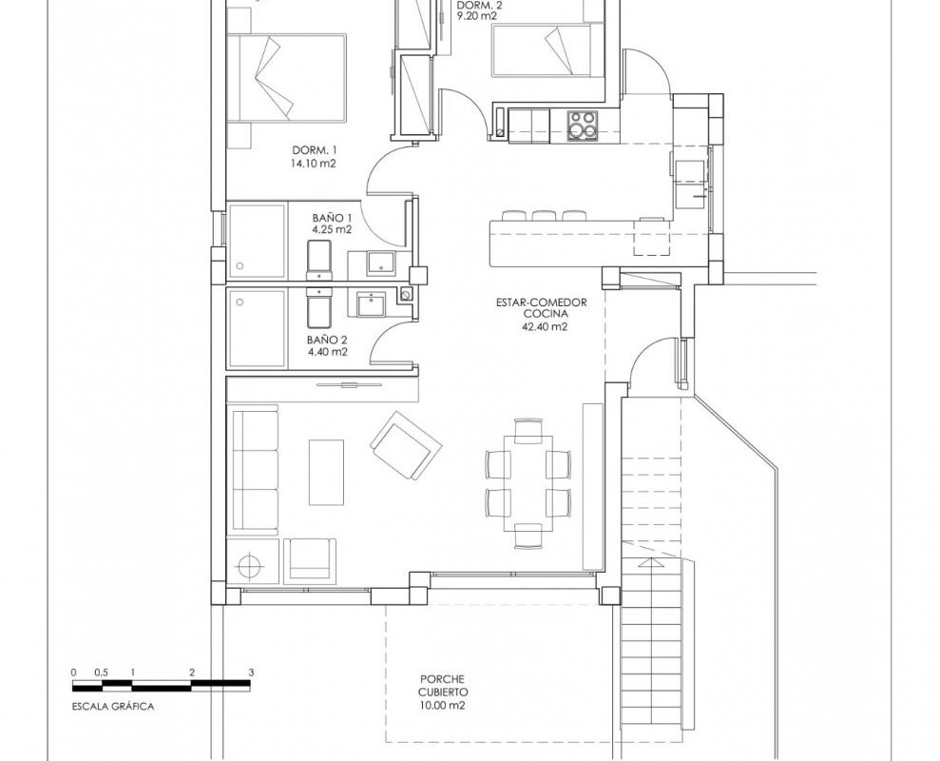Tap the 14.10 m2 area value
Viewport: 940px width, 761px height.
[314, 164]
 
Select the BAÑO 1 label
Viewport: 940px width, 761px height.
[332, 217]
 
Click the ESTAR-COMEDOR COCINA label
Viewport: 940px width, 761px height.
[542, 308]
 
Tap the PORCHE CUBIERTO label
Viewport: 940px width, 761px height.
[442, 686]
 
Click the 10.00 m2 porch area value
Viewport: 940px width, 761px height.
[442, 706]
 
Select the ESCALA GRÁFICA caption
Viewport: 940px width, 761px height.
[113, 707]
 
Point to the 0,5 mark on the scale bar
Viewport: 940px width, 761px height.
[102, 673]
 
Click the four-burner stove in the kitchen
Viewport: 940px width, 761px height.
[583, 126]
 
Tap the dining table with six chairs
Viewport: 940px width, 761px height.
[528, 483]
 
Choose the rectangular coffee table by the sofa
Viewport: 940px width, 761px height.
[326, 473]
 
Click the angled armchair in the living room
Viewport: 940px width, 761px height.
[407, 445]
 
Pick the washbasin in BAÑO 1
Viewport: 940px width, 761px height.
[380, 263]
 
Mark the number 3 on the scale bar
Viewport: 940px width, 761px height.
[251, 673]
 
